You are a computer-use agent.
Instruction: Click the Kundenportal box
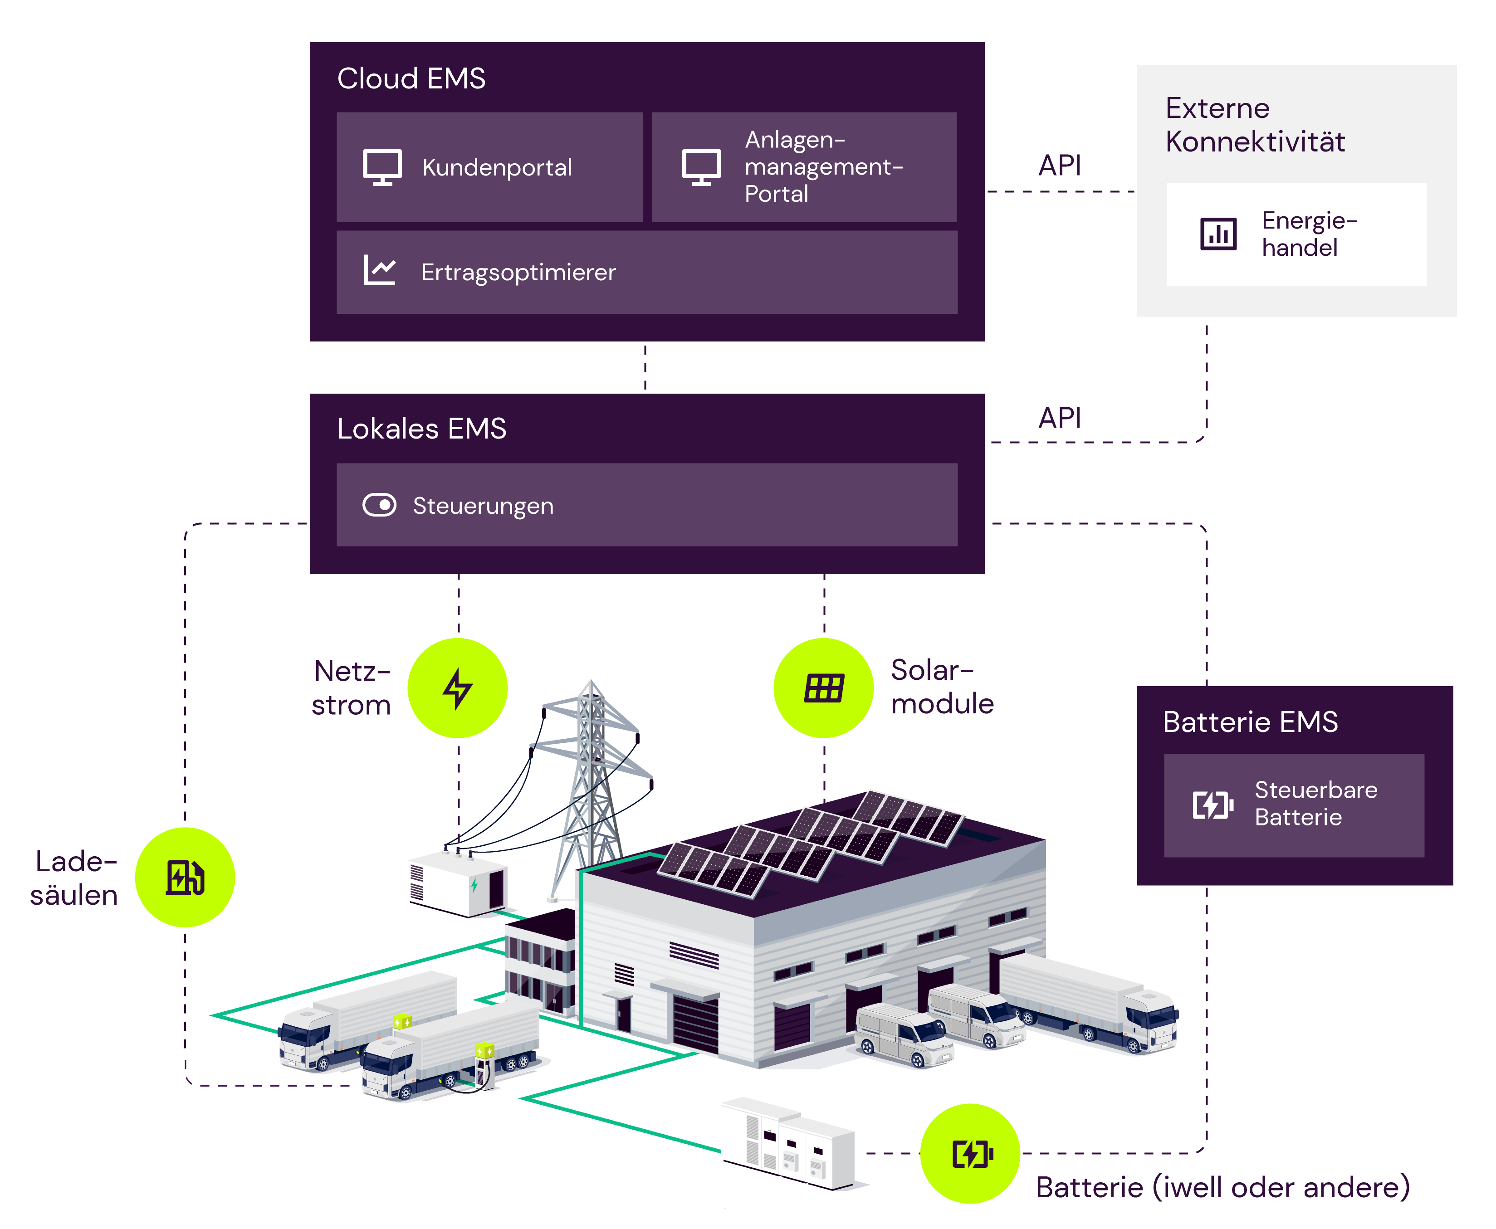click(x=489, y=167)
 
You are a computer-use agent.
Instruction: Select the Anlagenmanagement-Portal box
click(x=804, y=167)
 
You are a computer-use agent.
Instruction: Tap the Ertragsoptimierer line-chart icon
click(x=380, y=270)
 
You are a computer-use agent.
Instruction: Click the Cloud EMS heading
click(x=411, y=78)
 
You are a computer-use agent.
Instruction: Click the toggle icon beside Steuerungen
click(x=380, y=506)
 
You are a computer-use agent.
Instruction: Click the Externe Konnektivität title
click(x=1255, y=125)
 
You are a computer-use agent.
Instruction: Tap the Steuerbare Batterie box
click(x=1294, y=805)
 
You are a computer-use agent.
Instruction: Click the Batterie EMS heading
click(x=1250, y=722)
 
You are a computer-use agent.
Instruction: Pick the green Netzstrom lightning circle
click(x=457, y=688)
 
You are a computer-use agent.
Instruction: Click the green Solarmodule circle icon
click(x=823, y=688)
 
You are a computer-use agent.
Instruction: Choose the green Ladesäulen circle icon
click(x=185, y=877)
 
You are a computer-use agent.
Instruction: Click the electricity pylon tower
click(x=590, y=779)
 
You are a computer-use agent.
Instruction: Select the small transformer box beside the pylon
click(x=457, y=883)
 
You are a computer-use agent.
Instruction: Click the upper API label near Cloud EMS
click(x=1059, y=166)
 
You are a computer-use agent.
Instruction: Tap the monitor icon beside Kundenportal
click(x=382, y=167)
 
